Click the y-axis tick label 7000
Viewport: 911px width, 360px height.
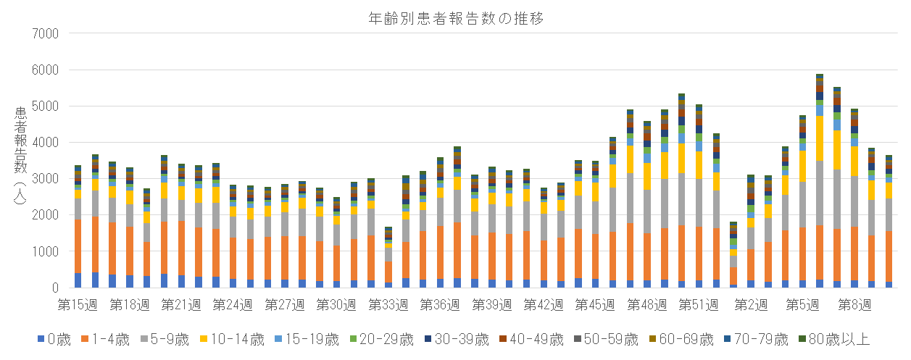(49, 34)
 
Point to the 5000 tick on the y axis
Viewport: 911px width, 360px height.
(49, 106)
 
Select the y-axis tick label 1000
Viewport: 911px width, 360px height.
(49, 251)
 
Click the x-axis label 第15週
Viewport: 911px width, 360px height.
(78, 305)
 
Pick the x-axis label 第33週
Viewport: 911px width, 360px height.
(388, 305)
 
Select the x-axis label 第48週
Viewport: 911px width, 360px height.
(647, 305)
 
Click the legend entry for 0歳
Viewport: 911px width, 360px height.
(54, 339)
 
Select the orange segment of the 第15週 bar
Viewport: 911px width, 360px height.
(78, 246)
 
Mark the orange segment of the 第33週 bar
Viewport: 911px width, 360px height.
(388, 272)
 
